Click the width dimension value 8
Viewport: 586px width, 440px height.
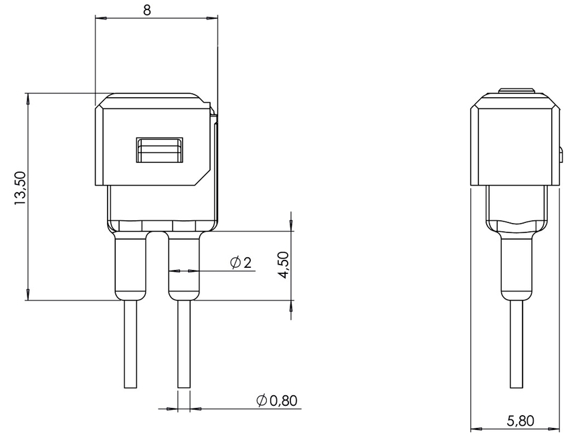(x=157, y=9)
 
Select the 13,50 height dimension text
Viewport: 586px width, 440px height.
(x=19, y=188)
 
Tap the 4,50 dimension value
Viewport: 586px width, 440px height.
(x=283, y=265)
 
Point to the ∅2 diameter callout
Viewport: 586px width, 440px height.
(x=241, y=263)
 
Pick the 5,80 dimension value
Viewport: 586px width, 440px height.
(x=520, y=421)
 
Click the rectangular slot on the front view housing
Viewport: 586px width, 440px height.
(x=159, y=151)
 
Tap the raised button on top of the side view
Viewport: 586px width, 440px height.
(x=516, y=90)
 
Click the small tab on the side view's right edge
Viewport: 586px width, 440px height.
(x=561, y=155)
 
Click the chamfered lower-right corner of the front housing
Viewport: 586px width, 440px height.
(x=202, y=177)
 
